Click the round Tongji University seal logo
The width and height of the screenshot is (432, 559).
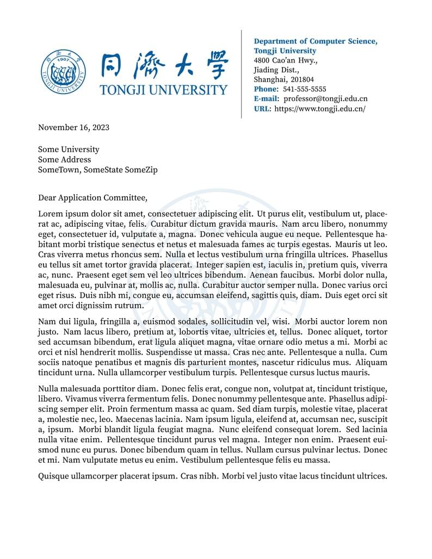coord(63,73)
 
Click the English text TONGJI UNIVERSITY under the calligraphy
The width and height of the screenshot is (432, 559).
coord(164,90)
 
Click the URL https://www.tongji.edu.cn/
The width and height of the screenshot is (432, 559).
coord(320,109)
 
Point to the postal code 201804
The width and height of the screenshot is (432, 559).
coord(303,79)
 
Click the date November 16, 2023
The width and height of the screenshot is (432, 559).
coord(73,128)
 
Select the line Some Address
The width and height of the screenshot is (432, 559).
coord(64,160)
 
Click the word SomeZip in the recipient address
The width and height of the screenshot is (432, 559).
coord(141,170)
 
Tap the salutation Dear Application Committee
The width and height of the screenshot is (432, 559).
coord(92,198)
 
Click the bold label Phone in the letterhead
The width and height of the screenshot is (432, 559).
coord(266,89)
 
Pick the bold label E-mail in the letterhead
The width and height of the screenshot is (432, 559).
coord(266,99)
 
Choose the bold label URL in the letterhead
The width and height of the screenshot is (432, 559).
coord(262,109)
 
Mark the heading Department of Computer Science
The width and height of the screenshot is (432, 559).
coord(316,41)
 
